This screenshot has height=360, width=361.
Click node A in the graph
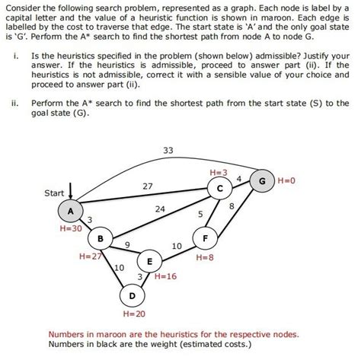click(72, 211)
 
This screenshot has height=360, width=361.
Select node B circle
click(101, 239)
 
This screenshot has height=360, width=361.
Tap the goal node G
click(262, 182)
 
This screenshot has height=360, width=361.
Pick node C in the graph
click(220, 187)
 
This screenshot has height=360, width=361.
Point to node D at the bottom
click(132, 295)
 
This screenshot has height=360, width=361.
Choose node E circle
click(149, 261)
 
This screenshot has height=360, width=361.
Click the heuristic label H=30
click(70, 228)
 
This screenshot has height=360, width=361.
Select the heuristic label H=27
click(90, 256)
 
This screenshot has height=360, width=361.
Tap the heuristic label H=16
click(165, 276)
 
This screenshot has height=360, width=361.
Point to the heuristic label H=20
click(133, 313)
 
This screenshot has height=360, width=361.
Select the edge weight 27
click(148, 186)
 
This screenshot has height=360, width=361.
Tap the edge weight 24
click(160, 209)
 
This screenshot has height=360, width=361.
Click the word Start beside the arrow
click(54, 193)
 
